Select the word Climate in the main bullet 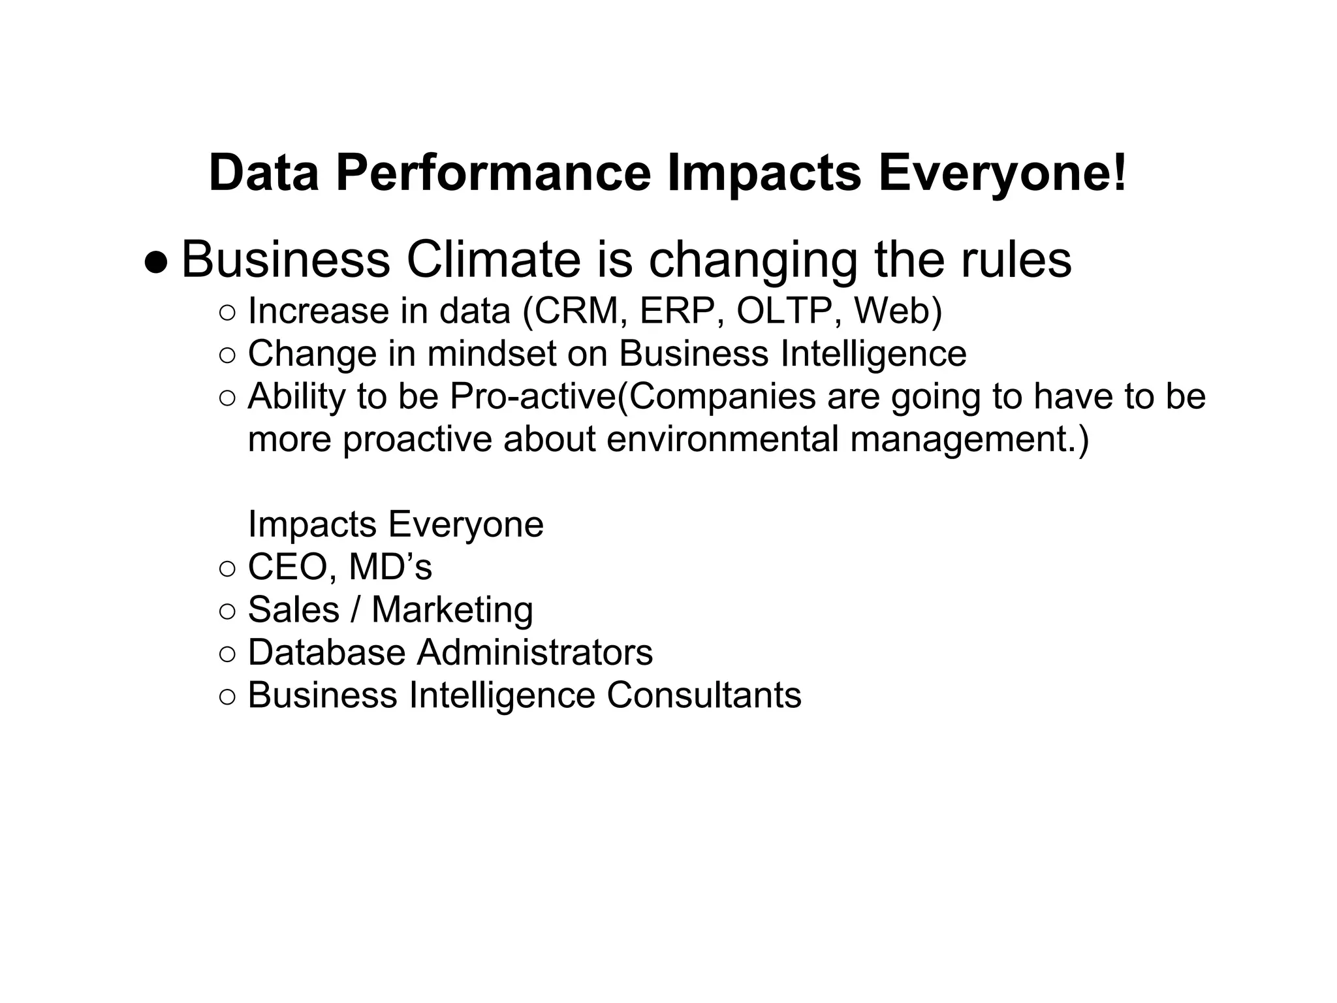coord(494,260)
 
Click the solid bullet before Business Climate coord(156,263)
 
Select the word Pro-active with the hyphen coord(533,396)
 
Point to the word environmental coord(722,439)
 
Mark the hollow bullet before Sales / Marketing coord(227,612)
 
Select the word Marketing coord(452,610)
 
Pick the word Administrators coord(535,652)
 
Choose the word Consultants coord(704,695)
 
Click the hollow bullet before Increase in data coord(227,313)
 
